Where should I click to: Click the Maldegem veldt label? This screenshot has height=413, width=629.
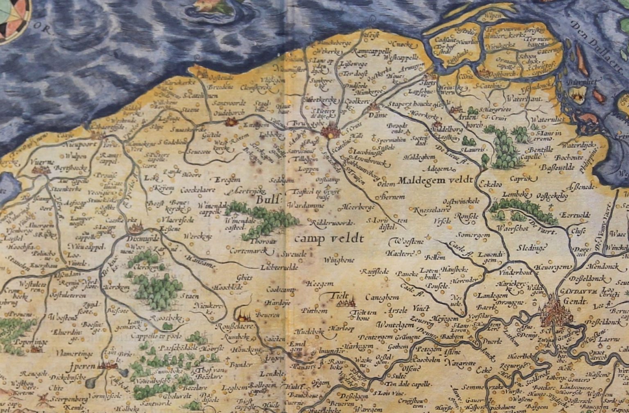[x=435, y=180]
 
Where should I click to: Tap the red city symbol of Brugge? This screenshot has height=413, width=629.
[x=330, y=132]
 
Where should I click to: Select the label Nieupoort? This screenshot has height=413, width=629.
[x=80, y=144]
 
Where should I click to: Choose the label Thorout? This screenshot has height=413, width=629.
[x=263, y=241]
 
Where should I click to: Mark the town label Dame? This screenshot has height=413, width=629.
[x=378, y=116]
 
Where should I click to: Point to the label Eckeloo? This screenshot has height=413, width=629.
[x=490, y=184]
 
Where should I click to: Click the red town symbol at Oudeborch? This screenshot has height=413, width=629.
[x=231, y=122]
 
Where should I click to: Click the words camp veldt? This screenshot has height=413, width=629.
[x=329, y=238]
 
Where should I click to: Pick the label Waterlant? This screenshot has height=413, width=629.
[x=524, y=99]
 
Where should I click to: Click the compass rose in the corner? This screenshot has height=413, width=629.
[x=12, y=16]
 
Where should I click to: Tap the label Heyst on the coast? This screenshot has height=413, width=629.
[x=371, y=34]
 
